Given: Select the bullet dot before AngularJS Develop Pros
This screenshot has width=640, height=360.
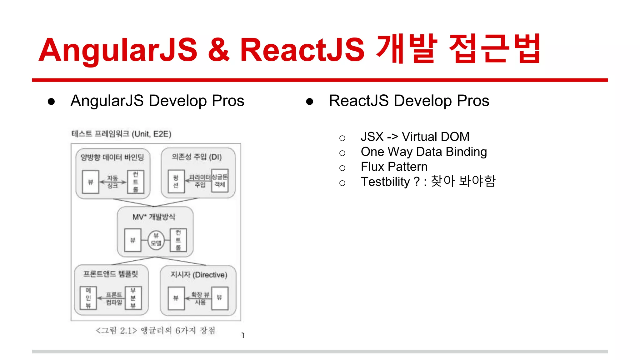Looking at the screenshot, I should coord(51,102).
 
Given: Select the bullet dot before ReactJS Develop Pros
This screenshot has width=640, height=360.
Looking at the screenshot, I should coord(309,102).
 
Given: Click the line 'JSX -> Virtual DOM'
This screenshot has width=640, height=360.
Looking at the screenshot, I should coord(415,137).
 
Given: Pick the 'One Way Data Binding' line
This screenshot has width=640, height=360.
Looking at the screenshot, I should coord(423,152).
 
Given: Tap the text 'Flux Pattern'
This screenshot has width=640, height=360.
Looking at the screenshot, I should coord(394,167).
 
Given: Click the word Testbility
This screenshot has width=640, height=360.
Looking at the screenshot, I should coord(385,182).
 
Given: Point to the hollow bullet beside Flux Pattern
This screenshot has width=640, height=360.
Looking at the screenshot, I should coord(342,168).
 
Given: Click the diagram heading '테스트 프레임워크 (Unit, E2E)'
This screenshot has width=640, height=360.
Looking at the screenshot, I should coord(121,134).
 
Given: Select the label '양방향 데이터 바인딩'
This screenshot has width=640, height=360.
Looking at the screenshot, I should coord(112,157).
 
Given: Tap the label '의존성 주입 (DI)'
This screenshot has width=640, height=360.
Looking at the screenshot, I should coord(197,157).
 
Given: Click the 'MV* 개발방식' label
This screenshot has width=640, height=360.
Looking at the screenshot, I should coord(154,217).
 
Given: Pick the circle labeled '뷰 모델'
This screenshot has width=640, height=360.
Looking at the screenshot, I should coord(156,240).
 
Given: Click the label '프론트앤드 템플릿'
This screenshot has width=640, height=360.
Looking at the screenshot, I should coord(111,274).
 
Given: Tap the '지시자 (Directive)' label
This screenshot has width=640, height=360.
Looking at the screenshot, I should coord(199,275).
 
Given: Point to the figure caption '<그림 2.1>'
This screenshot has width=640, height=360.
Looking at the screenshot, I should coord(116,331).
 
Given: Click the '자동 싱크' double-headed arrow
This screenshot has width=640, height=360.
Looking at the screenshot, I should coord(113,182).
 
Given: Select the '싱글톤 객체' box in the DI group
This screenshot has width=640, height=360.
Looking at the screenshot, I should coord(220,181).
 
